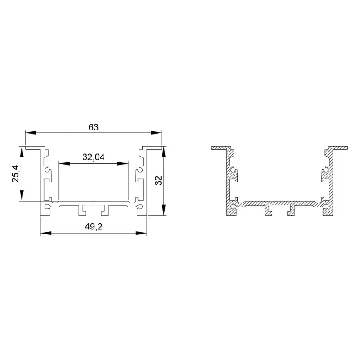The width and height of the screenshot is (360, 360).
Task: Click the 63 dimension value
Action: [94, 127]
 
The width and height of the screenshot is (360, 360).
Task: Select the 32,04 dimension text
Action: [94, 157]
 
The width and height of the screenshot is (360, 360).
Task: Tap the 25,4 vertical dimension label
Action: [16, 174]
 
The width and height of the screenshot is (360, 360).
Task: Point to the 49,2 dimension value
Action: [94, 227]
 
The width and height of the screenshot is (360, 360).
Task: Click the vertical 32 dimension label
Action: [158, 180]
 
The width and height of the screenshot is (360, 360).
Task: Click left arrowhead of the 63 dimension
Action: [31, 133]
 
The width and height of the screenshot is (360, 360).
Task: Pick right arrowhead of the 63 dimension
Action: [156, 133]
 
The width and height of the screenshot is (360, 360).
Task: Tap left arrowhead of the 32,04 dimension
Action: [64, 163]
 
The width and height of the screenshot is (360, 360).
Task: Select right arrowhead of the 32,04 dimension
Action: [122, 163]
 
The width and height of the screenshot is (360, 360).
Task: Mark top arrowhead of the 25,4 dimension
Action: [22, 152]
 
